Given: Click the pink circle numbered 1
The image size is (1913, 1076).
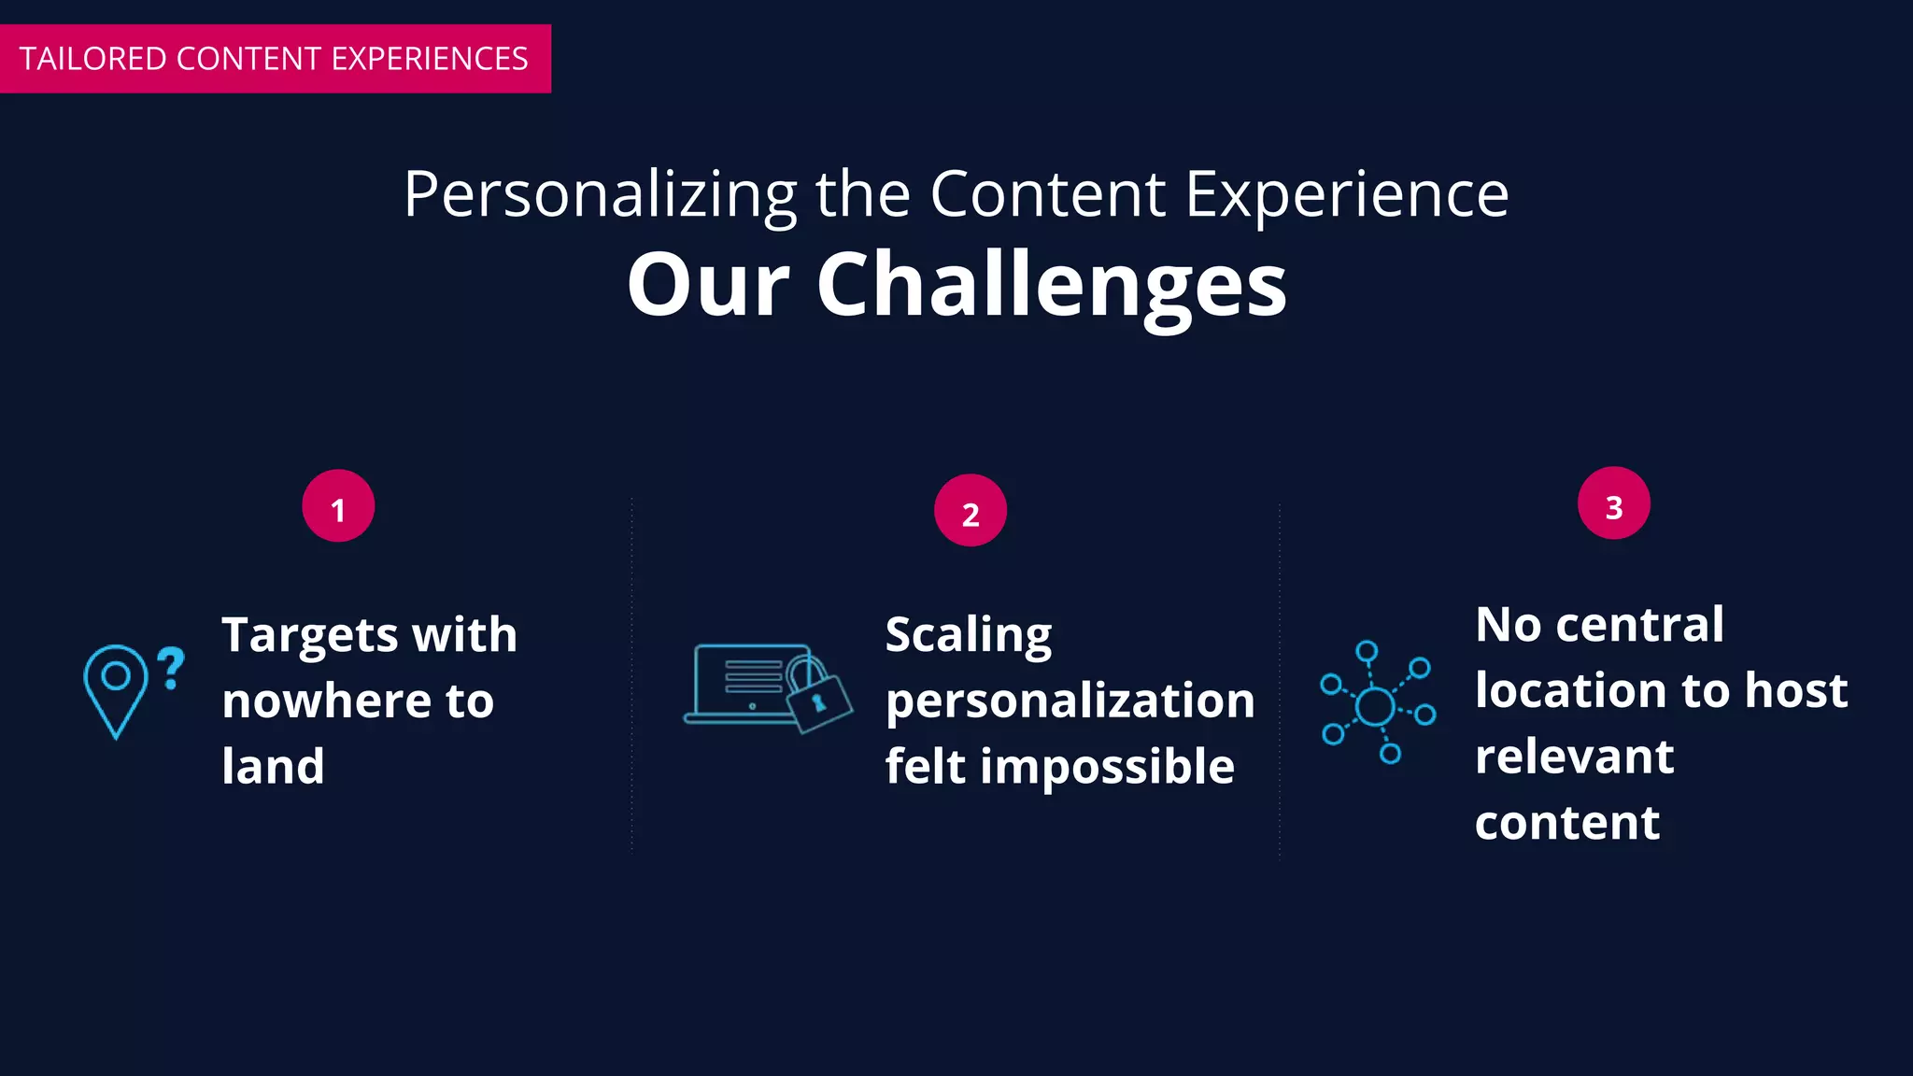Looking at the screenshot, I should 338,506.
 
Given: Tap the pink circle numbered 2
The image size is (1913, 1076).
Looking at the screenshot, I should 971,511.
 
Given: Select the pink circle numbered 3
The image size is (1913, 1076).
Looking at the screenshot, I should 1613,503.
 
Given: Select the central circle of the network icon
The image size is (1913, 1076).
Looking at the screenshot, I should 1375,706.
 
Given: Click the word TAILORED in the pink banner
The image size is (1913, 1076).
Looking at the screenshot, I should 92,59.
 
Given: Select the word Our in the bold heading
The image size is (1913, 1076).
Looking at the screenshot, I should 708,285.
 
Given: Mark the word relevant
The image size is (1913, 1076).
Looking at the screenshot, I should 1574,757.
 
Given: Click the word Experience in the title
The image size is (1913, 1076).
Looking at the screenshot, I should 1346,195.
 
